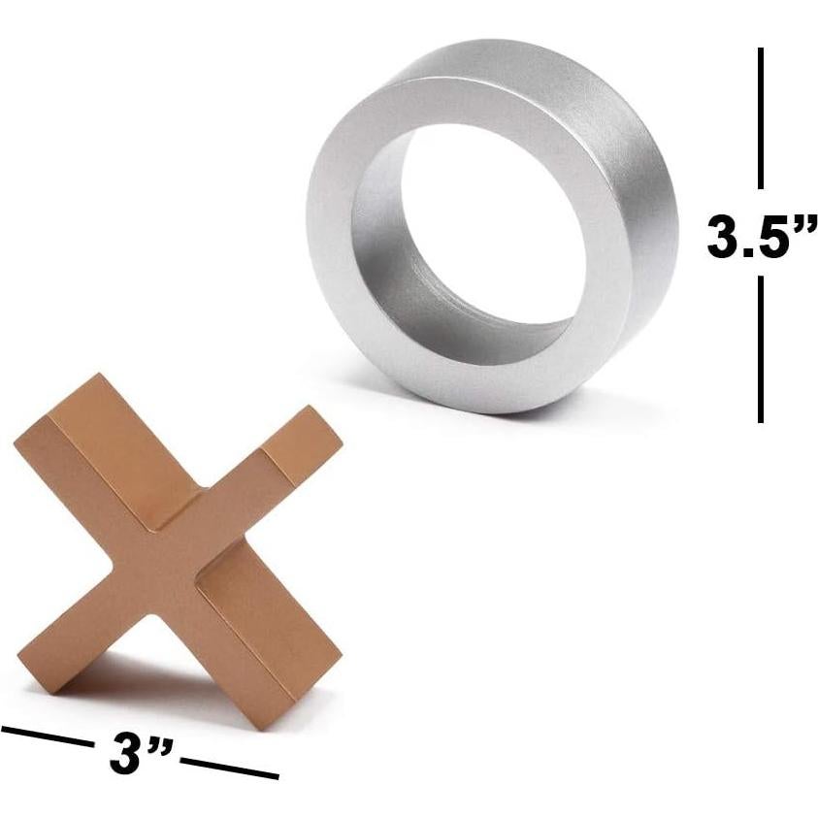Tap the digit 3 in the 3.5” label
point(724,238)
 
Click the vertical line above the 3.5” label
point(761,116)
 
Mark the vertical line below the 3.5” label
point(761,349)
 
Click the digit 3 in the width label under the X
point(125,752)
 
